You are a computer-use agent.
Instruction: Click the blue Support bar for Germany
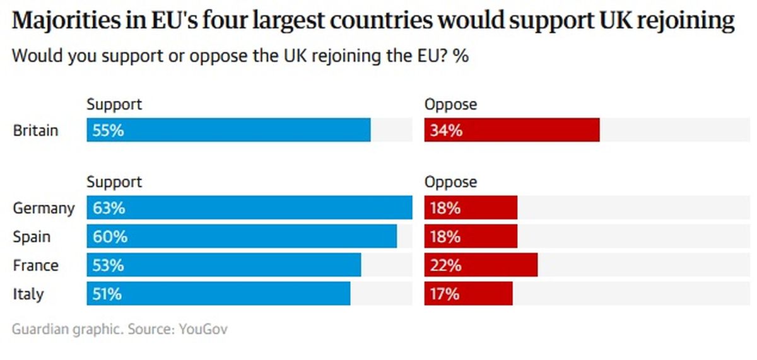coord(249,207)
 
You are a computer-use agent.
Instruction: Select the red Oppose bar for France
coord(481,265)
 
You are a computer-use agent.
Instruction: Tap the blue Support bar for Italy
coord(218,294)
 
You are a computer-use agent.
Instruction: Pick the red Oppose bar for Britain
coord(512,131)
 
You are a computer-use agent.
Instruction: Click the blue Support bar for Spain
coord(242,236)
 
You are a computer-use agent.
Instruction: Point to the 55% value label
coord(108,131)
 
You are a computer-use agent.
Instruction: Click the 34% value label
coord(446,131)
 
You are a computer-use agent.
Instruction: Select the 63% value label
coord(108,207)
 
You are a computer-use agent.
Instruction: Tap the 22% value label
coord(445,265)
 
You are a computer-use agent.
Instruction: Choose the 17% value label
coord(444,294)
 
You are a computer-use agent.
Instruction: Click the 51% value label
coord(107,294)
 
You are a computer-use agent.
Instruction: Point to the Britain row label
coord(35,131)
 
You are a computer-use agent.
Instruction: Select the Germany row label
coord(44,208)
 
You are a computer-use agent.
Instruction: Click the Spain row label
coord(32,237)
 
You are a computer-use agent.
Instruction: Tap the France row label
coord(35,265)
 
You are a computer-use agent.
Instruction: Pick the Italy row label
coord(28,294)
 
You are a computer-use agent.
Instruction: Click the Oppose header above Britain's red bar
coord(450,104)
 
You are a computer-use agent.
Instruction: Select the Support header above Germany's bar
coord(114,182)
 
